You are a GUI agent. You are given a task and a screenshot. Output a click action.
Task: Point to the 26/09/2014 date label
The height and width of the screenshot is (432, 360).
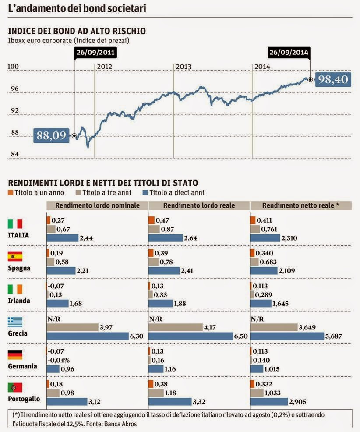click(x=289, y=53)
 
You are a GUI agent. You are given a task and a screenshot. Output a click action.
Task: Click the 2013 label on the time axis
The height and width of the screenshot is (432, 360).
click(x=183, y=67)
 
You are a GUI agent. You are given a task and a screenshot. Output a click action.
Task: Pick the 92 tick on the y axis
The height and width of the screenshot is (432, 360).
click(x=15, y=110)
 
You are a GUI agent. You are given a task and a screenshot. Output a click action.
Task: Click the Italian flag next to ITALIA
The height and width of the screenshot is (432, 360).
click(x=15, y=224)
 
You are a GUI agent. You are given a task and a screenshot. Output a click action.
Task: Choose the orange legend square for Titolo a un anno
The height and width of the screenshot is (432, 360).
click(x=11, y=192)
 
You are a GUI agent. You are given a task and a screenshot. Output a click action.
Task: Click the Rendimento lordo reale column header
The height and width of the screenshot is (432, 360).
click(x=199, y=205)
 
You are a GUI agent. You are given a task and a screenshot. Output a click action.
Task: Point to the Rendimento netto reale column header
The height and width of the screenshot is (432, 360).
click(x=300, y=205)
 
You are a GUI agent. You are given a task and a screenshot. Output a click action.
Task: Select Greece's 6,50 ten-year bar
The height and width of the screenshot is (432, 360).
click(x=190, y=336)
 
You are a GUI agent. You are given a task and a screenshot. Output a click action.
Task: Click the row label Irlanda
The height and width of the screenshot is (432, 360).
click(x=19, y=301)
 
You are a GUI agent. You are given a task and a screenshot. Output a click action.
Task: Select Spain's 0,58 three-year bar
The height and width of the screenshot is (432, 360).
click(x=50, y=262)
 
